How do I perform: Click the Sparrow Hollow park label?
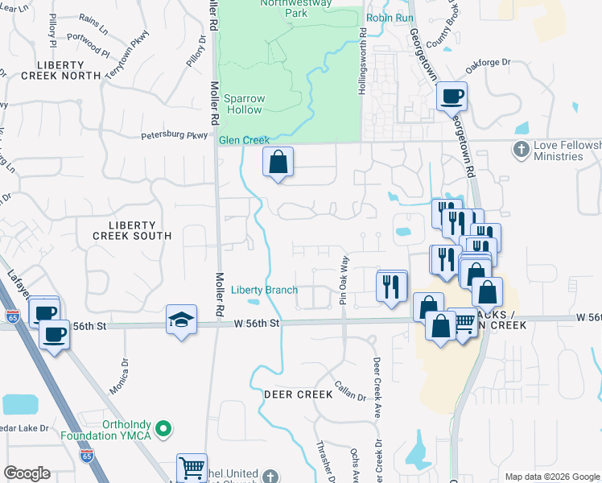[x=245, y=104]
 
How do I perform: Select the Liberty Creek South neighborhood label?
[x=132, y=229]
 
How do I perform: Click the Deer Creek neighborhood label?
[x=298, y=394]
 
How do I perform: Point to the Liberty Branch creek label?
[x=264, y=290]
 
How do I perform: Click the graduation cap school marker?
[x=182, y=320]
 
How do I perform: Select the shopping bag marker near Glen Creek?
[x=278, y=162]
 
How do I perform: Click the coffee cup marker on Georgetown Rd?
[x=451, y=97]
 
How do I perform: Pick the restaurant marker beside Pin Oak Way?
[x=392, y=286]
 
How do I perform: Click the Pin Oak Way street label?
[x=344, y=280]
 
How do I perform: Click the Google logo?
[x=27, y=473]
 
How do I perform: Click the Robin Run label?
[x=389, y=17]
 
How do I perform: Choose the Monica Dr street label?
[x=123, y=375]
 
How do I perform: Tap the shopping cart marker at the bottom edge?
[x=192, y=467]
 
